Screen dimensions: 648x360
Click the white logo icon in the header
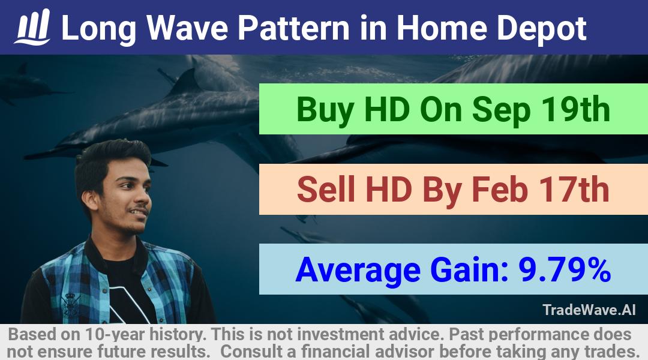click(x=32, y=27)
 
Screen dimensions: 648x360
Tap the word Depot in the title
click(x=541, y=29)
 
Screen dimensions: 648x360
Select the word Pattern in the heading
click(x=293, y=28)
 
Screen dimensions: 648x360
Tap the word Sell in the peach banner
click(x=326, y=189)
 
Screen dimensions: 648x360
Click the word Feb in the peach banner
click(x=500, y=189)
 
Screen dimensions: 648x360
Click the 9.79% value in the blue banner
click(x=565, y=269)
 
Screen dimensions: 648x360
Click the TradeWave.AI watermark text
click(x=589, y=310)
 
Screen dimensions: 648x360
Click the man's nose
click(x=145, y=200)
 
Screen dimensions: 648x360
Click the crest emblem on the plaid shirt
click(x=70, y=305)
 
